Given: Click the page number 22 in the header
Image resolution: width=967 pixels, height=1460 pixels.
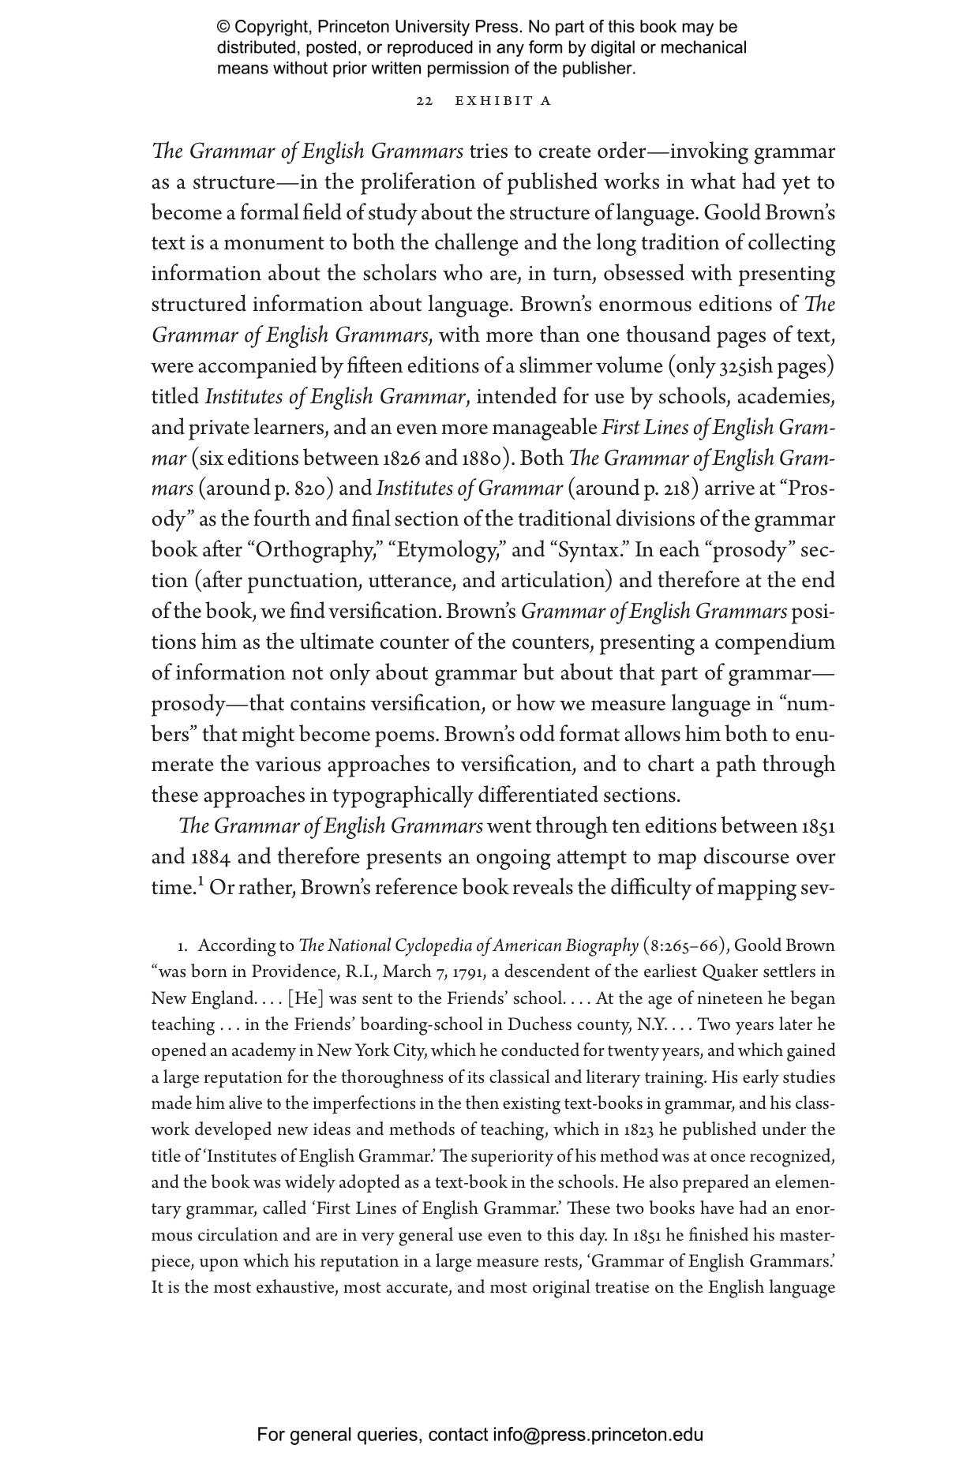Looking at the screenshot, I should [424, 101].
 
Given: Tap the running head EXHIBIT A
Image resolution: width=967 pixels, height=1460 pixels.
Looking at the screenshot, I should [503, 101].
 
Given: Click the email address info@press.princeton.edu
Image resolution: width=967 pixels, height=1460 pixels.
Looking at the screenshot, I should [598, 1434].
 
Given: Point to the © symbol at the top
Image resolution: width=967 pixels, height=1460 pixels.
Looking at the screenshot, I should [223, 28].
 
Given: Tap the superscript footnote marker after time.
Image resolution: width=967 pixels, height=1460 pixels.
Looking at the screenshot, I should [201, 882].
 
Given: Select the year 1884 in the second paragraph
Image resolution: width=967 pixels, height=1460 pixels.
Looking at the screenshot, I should [211, 857].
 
